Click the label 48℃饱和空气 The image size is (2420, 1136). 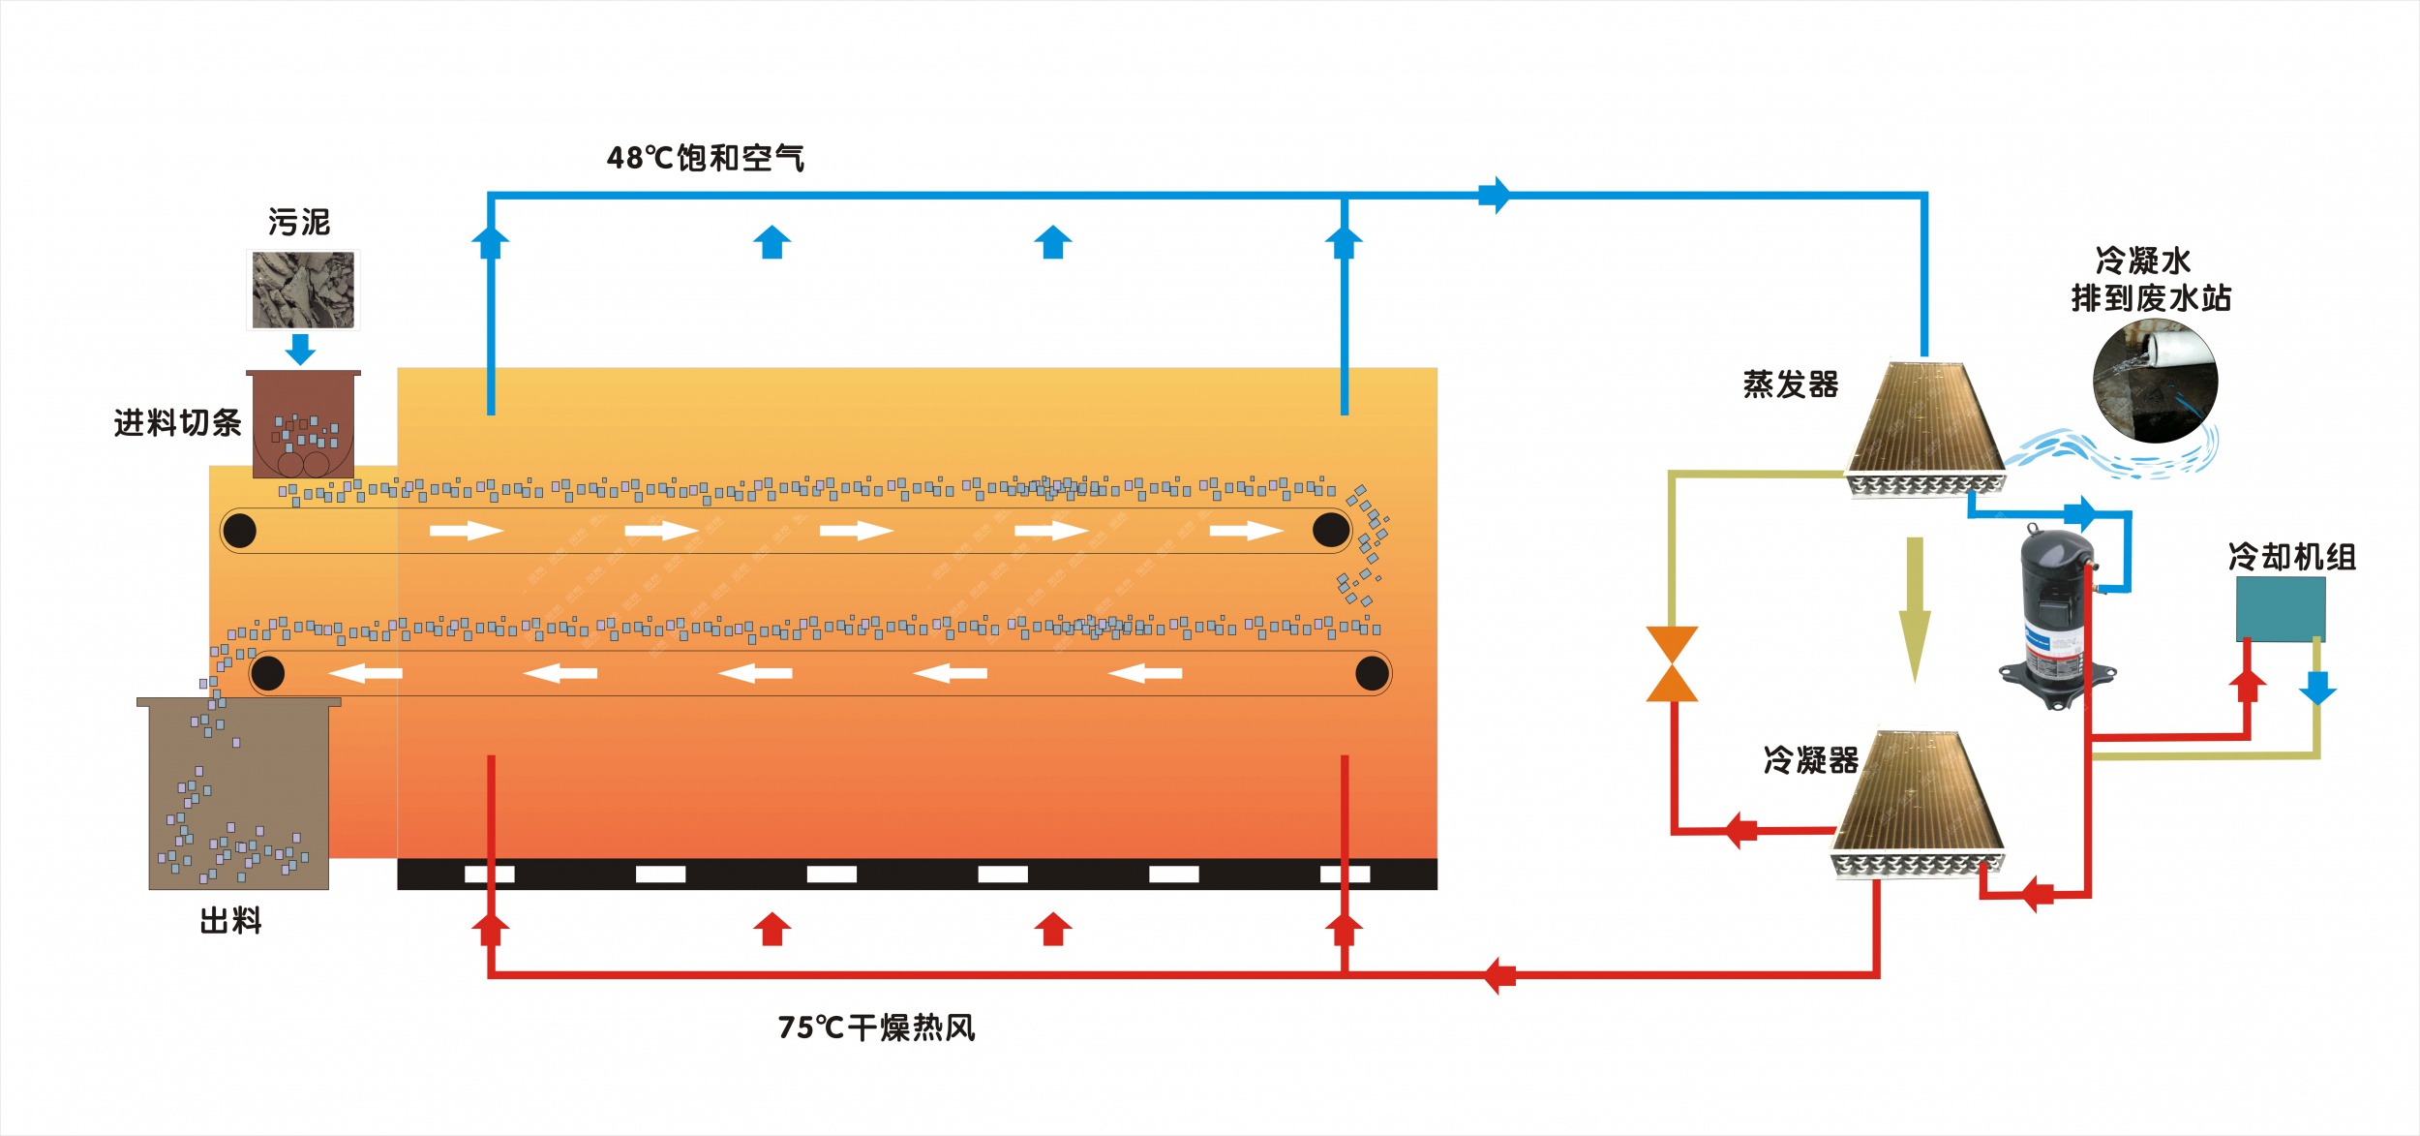705,158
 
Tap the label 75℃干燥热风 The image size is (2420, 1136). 876,1028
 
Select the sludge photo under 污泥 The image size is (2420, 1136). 303,290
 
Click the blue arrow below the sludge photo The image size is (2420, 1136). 301,349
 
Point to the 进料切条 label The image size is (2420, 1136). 177,423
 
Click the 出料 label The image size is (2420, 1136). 230,920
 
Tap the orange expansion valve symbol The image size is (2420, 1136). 1672,663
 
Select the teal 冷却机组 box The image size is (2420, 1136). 2280,608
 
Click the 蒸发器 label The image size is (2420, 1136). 1791,384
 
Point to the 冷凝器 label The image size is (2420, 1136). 1810,760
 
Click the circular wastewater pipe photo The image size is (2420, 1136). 2155,381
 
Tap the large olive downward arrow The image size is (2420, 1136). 1914,610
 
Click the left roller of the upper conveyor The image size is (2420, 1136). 239,531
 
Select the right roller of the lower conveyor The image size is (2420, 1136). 1372,673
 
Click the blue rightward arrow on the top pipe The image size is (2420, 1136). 1495,195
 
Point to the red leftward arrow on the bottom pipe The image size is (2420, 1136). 1499,975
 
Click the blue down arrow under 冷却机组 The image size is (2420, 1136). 2317,689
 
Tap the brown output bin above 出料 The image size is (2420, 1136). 238,794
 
